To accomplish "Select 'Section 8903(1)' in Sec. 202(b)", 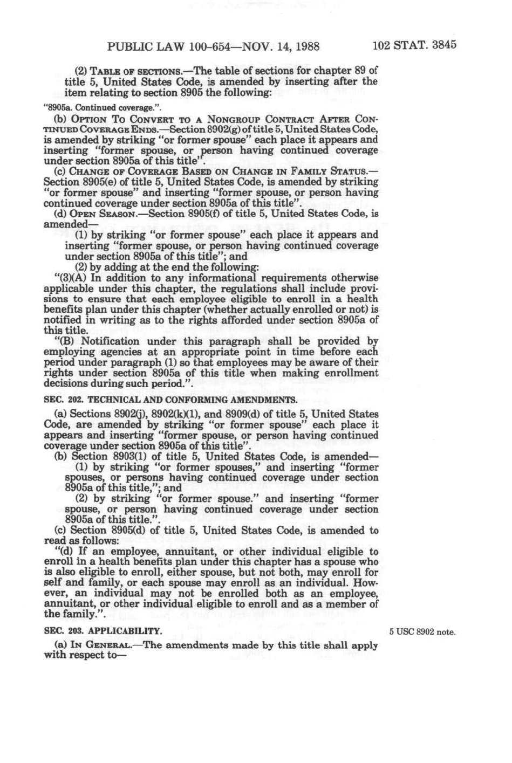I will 108,457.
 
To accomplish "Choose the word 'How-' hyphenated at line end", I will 366,583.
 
